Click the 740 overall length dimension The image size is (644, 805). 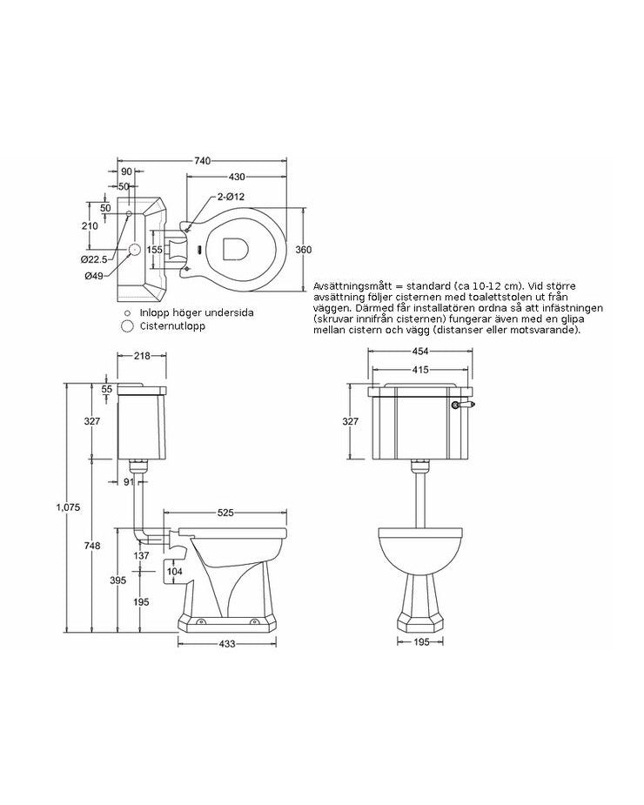coord(202,160)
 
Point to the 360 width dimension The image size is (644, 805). coord(304,250)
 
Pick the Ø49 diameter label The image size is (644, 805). coord(95,276)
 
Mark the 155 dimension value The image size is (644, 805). coord(154,249)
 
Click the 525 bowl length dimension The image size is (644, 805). coord(226,513)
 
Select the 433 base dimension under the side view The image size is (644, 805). coord(227,644)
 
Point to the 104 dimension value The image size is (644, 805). coord(173,570)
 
